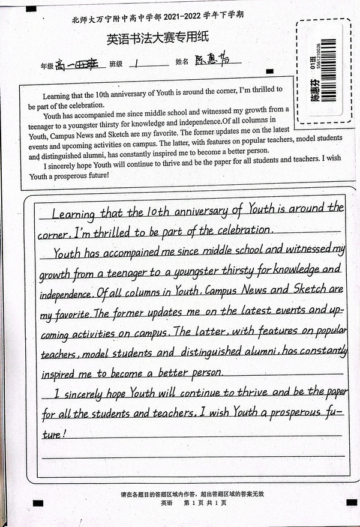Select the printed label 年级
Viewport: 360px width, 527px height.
coord(46,64)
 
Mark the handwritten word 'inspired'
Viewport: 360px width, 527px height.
coord(59,373)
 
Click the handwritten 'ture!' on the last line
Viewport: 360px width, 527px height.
coord(54,433)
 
